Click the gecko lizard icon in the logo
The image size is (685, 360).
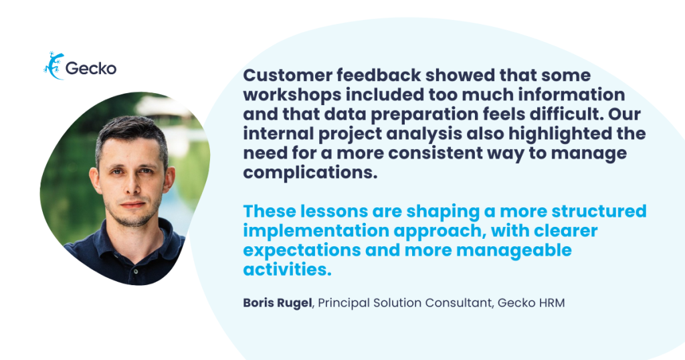54,66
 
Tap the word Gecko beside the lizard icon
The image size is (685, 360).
91,69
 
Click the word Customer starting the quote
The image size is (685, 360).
288,75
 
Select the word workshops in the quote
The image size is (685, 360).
290,95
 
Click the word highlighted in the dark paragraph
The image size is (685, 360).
560,134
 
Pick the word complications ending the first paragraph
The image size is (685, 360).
310,173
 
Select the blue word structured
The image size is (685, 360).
599,211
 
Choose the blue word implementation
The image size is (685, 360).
316,231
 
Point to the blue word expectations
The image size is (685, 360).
302,250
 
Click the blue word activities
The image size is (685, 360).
287,270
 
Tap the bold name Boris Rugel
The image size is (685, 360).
278,302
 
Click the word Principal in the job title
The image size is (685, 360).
343,302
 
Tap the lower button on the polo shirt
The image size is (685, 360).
136,271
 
